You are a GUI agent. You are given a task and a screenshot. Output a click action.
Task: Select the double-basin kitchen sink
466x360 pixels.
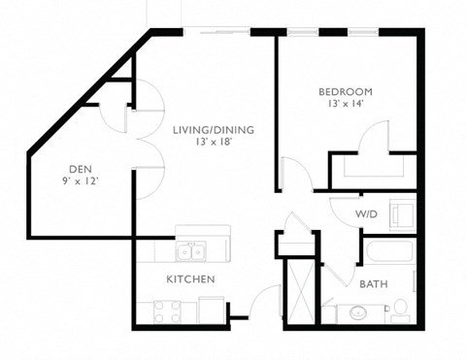point(190,252)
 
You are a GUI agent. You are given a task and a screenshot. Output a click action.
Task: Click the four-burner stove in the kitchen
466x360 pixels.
point(167,311)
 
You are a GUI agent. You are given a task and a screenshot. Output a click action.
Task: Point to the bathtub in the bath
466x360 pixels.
point(388,254)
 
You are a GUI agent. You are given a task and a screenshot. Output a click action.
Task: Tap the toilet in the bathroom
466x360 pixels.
point(398,311)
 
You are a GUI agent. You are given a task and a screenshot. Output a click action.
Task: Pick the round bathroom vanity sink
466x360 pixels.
point(359,313)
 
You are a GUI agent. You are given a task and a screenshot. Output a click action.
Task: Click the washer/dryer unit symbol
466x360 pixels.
point(401,212)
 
